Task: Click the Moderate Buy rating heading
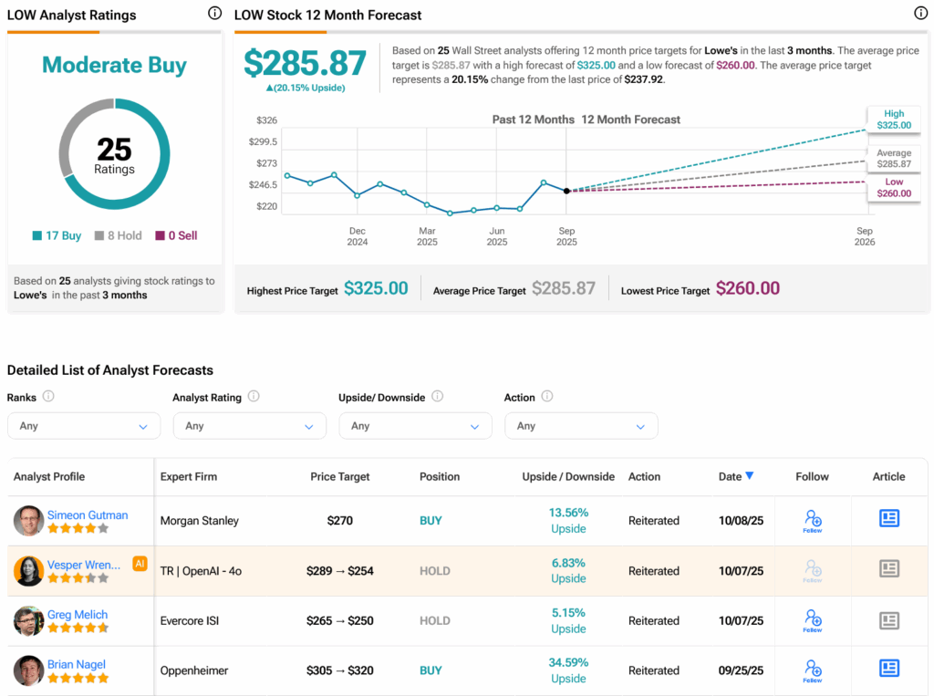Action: tap(114, 66)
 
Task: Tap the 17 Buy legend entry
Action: tap(57, 235)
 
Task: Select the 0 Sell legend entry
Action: tap(176, 235)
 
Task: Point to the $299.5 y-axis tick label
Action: tap(263, 141)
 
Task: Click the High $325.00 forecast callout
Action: tap(893, 119)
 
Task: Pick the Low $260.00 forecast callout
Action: tap(893, 188)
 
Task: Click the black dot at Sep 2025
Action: tap(566, 191)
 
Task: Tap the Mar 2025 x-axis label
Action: tap(427, 236)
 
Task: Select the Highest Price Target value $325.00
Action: tap(375, 288)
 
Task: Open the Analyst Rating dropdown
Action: tap(249, 426)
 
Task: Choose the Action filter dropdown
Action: tap(580, 426)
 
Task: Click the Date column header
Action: tap(735, 476)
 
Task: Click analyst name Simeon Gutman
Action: tap(88, 515)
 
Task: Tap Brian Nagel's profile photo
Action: tap(29, 670)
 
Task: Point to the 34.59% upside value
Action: tap(568, 662)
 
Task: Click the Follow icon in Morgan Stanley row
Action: tap(812, 521)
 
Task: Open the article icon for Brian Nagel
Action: tap(888, 669)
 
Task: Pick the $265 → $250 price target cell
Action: tap(340, 621)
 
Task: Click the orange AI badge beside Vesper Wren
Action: tap(140, 564)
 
